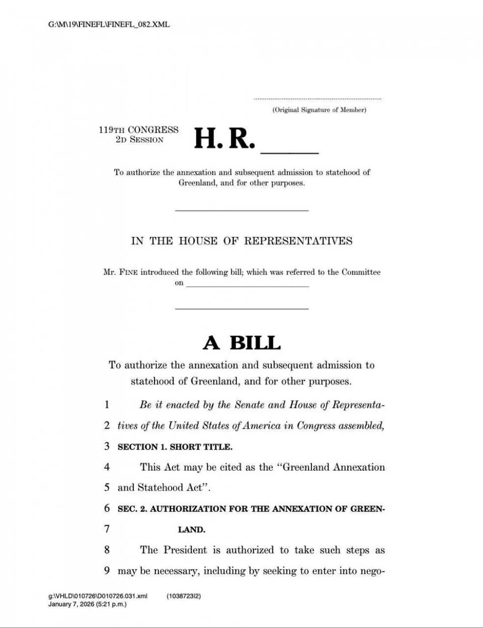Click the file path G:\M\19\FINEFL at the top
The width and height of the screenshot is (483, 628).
tap(109, 24)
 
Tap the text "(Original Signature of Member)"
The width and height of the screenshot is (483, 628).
tap(319, 110)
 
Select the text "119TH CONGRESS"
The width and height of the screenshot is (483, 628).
tap(139, 130)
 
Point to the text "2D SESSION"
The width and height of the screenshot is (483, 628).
tap(140, 140)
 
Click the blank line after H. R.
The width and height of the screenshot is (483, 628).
tap(289, 151)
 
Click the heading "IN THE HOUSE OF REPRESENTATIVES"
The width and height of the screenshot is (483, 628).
tap(241, 241)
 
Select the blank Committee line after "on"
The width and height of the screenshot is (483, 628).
tap(247, 286)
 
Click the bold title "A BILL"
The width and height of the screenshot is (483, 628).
tap(241, 343)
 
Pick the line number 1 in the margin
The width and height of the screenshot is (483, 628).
tap(107, 405)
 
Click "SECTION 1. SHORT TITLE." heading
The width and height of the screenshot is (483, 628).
tap(175, 447)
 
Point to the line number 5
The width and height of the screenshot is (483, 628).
tap(107, 488)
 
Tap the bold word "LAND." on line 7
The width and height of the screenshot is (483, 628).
tap(191, 530)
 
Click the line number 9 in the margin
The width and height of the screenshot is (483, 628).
tap(107, 571)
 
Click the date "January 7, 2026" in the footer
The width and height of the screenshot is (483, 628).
tap(71, 604)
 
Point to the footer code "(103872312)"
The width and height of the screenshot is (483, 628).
tap(184, 596)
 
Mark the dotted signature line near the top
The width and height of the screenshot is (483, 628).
tap(317, 99)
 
